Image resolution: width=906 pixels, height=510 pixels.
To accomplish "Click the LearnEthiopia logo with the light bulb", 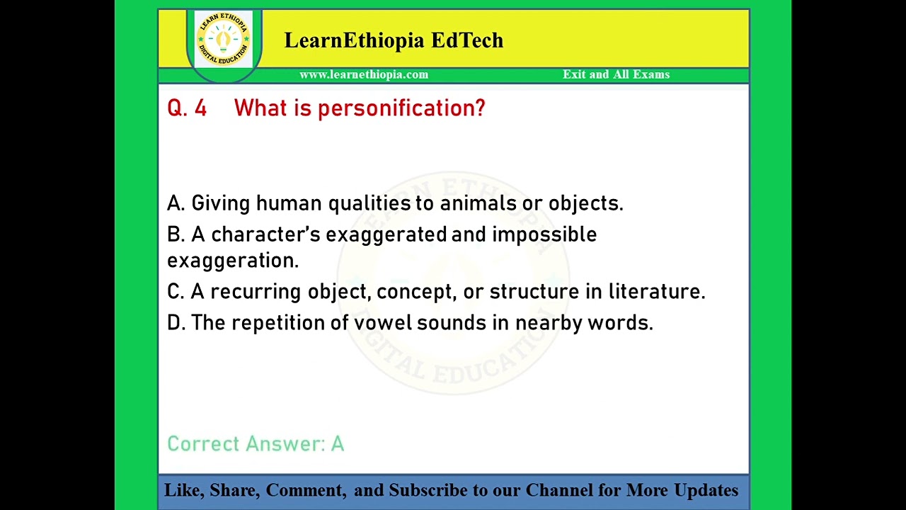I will pos(224,39).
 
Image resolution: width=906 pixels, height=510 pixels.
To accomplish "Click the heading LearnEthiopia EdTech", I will pos(394,40).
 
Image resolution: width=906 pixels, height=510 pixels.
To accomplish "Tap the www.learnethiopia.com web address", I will pos(364,74).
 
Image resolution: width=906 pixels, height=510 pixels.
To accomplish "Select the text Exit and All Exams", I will pos(616,74).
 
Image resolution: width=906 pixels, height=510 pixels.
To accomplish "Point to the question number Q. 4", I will pos(187,108).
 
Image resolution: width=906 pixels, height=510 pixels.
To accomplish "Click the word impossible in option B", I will pos(544,234).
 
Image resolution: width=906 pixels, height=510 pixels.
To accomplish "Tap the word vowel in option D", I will pos(382,323).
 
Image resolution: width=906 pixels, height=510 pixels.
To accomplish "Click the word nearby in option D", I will pos(539,323).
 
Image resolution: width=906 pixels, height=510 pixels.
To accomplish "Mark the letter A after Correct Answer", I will pos(338,444).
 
